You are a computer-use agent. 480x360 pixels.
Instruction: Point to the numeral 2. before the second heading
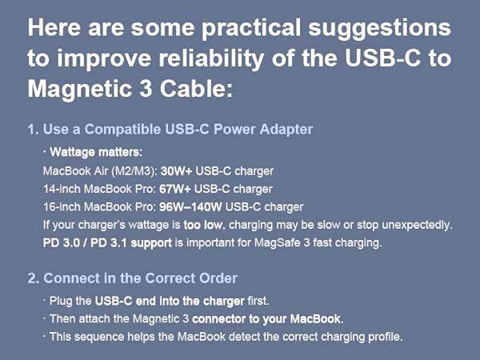(x=34, y=278)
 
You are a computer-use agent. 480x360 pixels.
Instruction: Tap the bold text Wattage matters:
(x=93, y=151)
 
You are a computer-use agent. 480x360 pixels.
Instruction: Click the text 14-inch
(x=62, y=189)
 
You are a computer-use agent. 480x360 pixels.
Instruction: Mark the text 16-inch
(x=62, y=206)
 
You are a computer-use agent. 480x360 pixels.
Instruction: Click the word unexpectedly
(x=417, y=225)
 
